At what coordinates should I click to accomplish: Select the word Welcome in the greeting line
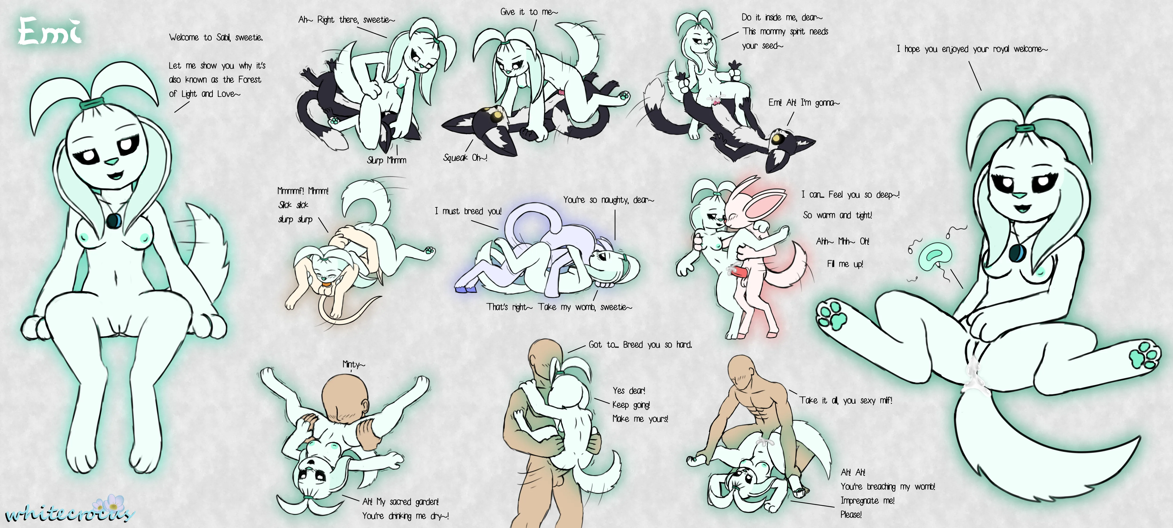[x=184, y=37]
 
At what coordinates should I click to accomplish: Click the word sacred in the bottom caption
[x=401, y=501]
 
